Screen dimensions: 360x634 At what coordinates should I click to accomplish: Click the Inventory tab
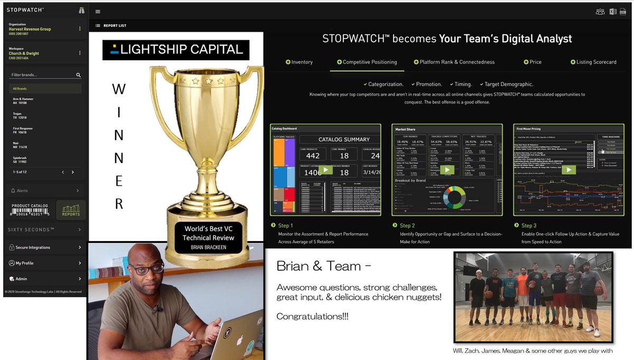tap(299, 62)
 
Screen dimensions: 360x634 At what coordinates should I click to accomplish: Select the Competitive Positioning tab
tap(367, 62)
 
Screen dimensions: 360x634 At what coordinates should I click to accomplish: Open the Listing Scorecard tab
tap(593, 62)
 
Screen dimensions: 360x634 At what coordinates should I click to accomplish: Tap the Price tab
tap(533, 62)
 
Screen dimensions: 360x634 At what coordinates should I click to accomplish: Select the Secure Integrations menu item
tap(33, 247)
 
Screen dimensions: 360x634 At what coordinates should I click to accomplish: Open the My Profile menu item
tap(24, 263)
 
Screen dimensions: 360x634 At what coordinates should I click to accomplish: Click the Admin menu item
tap(21, 279)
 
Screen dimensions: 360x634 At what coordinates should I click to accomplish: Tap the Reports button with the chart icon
tap(71, 210)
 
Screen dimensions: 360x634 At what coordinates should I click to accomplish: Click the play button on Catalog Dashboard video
tap(325, 170)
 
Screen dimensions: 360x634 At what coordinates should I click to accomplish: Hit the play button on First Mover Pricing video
tap(568, 170)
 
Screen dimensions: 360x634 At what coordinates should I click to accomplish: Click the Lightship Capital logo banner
tap(176, 50)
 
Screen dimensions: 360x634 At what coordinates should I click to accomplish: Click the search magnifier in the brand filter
tap(78, 75)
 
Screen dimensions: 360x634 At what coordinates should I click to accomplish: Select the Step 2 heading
tap(407, 226)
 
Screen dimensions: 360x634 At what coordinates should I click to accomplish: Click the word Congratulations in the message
tap(312, 316)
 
